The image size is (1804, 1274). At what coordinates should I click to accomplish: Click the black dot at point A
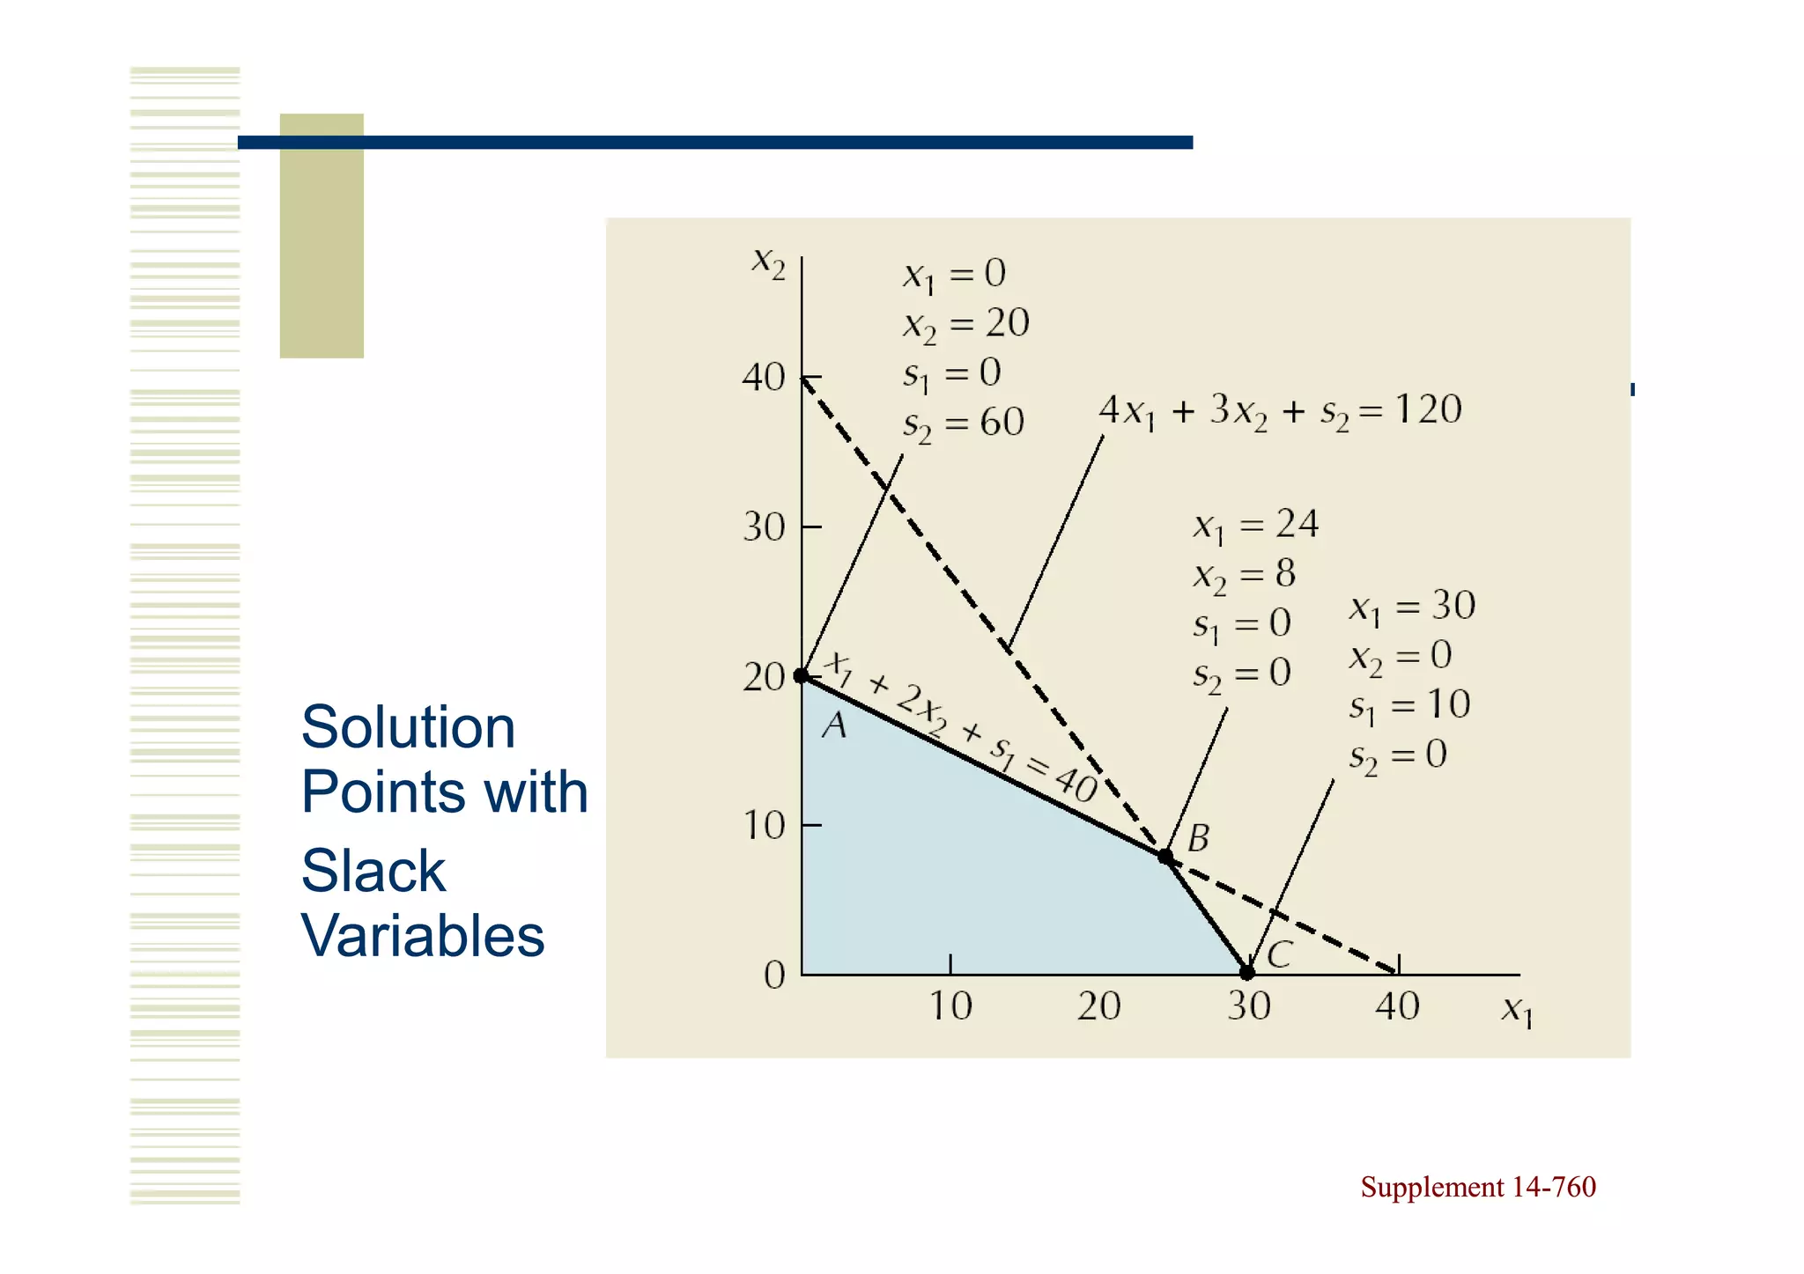[x=801, y=676]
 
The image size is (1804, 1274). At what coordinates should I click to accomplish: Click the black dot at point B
[x=1165, y=857]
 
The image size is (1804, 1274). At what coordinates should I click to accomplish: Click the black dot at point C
[x=1247, y=973]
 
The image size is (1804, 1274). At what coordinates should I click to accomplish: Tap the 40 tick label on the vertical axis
[x=763, y=378]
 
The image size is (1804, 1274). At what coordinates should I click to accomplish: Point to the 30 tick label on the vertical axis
[x=763, y=527]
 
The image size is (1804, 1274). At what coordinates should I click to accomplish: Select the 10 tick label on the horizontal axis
[x=950, y=1006]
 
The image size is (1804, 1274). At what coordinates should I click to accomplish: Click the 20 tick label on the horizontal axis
[x=1098, y=1006]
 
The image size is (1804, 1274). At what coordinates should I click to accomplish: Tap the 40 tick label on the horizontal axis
[x=1397, y=1006]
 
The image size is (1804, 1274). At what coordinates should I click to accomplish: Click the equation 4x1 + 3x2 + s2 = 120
[x=1280, y=411]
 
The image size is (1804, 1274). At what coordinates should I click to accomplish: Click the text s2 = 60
[x=964, y=424]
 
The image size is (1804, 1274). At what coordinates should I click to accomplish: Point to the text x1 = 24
[x=1255, y=526]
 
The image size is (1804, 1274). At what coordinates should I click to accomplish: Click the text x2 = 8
[x=1244, y=576]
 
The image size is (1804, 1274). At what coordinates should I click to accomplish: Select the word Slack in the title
[x=373, y=871]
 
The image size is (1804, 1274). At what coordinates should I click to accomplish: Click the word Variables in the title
[x=423, y=935]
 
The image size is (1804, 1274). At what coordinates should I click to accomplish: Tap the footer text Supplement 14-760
[x=1477, y=1187]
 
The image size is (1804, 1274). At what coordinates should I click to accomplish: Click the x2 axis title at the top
[x=768, y=262]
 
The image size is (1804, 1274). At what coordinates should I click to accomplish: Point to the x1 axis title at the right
[x=1517, y=1012]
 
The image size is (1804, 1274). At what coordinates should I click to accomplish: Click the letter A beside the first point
[x=834, y=726]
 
